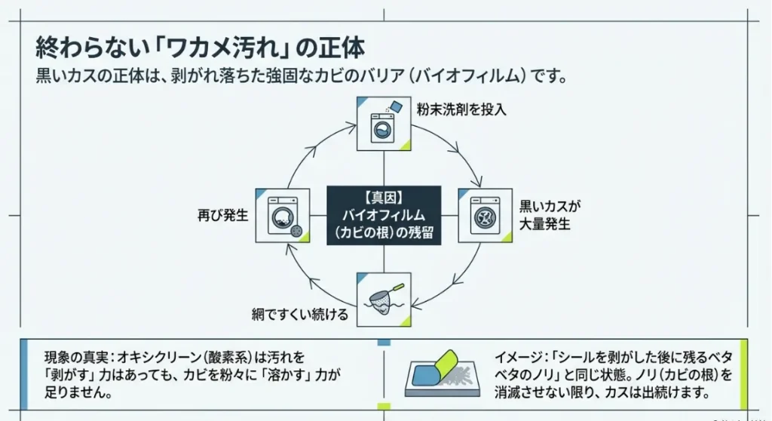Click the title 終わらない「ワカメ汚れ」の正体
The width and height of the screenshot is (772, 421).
[201, 48]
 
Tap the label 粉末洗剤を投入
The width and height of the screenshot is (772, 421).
[461, 109]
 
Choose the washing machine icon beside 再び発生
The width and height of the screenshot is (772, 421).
[283, 216]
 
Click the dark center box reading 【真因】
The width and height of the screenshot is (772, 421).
[384, 198]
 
